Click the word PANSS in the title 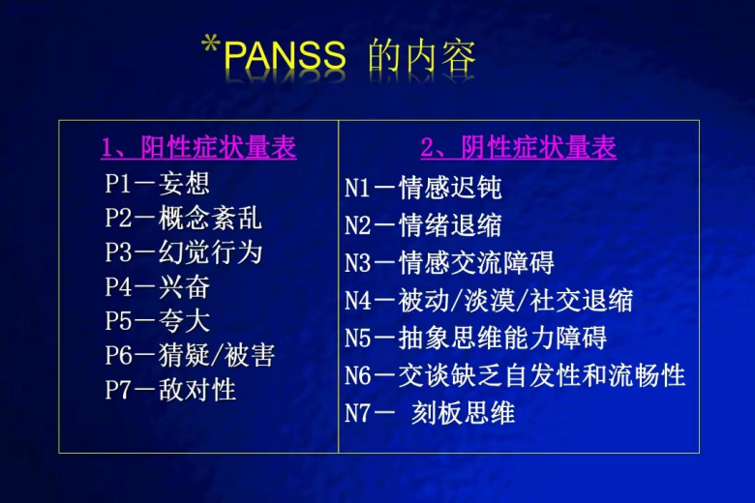coord(286,55)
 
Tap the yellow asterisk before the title coord(211,45)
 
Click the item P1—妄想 coord(158,184)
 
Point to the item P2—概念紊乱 coord(184,218)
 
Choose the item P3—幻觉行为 coord(184,252)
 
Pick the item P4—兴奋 coord(158,287)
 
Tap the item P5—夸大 coord(158,321)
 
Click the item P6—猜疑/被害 coord(190,356)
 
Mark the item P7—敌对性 coord(170,390)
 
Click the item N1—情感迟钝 coord(423,188)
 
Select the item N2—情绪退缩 coord(423,225)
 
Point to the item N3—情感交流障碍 coord(450,263)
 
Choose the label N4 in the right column coord(358,301)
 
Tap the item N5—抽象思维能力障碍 coord(475,338)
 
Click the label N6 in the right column coord(358,376)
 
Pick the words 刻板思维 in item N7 coord(464,413)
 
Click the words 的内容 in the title coord(422,55)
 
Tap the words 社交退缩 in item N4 coord(581,301)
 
